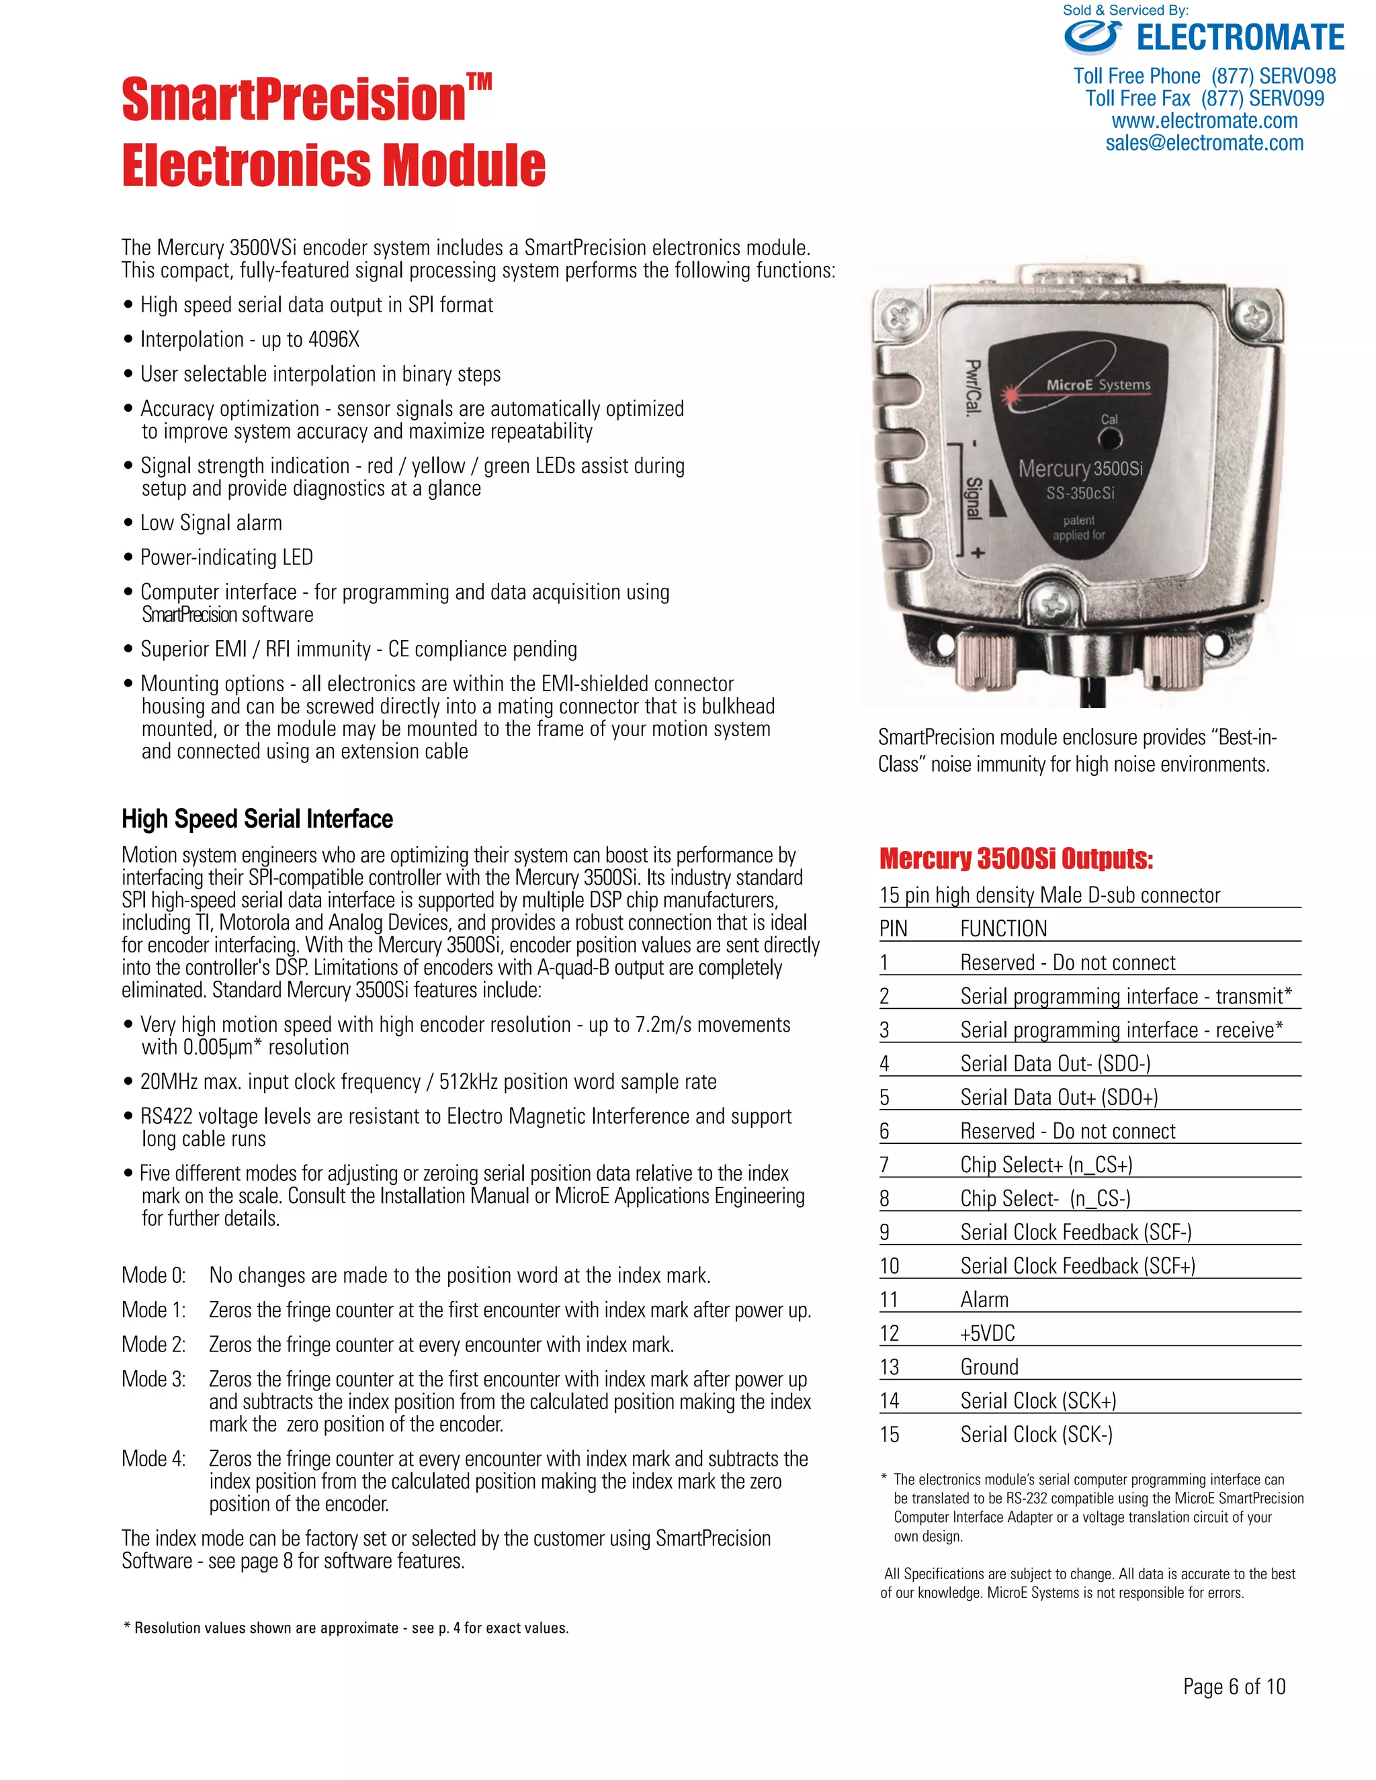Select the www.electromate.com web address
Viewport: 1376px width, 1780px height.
[x=1204, y=121]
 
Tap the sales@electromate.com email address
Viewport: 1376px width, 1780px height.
[x=1204, y=144]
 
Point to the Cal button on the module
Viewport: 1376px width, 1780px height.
[x=1109, y=439]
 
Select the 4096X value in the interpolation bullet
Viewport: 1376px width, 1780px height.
[x=333, y=340]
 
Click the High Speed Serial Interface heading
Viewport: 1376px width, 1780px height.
[x=257, y=818]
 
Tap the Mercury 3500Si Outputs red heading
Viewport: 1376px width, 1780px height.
[x=1016, y=858]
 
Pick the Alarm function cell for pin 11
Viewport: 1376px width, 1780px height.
[x=984, y=1300]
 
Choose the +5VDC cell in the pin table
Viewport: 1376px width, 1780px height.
[x=987, y=1333]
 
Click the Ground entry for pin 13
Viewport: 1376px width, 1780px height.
[x=989, y=1367]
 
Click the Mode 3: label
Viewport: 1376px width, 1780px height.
[x=153, y=1379]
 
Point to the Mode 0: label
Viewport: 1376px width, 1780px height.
[x=153, y=1276]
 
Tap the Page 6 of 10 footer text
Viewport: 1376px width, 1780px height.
[x=1234, y=1686]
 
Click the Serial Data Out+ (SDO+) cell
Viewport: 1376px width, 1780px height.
[x=1058, y=1097]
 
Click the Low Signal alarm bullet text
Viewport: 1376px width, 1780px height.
[x=211, y=523]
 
